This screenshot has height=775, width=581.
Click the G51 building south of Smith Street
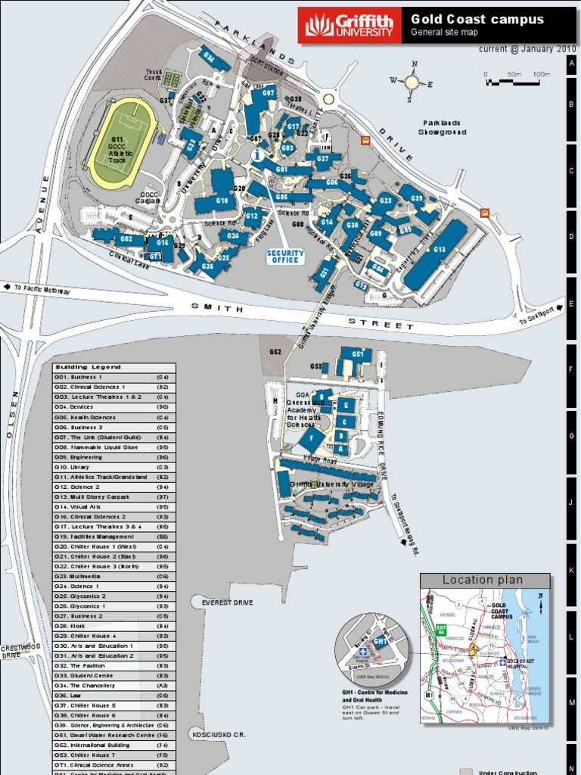(x=356, y=355)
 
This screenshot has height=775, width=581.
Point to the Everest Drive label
(x=227, y=602)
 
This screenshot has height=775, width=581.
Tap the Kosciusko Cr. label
(x=219, y=734)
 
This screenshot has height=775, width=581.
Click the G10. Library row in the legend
(x=113, y=467)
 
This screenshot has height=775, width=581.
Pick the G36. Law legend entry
(x=113, y=695)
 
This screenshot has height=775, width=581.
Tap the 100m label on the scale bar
(x=540, y=74)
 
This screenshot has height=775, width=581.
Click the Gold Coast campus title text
(x=477, y=20)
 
